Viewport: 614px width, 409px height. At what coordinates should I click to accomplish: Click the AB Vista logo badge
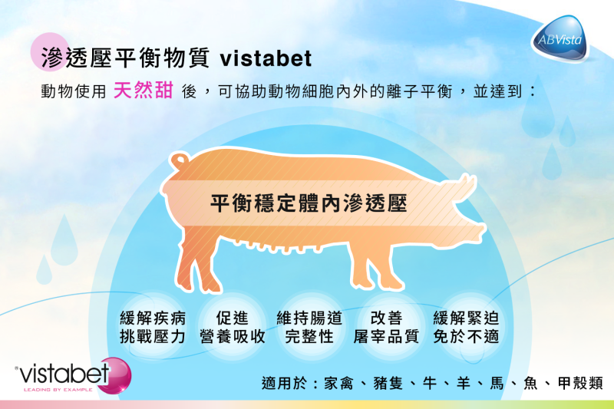coord(560,38)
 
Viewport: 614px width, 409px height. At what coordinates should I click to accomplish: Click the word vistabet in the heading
coord(266,59)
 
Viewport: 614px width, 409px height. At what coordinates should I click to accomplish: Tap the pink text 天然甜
coord(144,91)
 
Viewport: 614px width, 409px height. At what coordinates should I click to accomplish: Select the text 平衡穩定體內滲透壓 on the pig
coord(309,203)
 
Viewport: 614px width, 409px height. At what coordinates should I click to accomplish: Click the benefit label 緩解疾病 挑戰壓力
coord(153,327)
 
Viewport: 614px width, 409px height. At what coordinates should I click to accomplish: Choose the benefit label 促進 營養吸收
coord(233,327)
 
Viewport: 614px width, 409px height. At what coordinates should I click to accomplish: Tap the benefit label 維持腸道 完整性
coord(309,327)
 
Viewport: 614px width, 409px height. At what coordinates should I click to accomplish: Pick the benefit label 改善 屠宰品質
coord(386,327)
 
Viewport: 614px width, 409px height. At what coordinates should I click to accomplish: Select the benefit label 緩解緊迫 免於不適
coord(466,327)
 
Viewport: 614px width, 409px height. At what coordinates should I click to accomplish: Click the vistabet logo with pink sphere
coord(73,376)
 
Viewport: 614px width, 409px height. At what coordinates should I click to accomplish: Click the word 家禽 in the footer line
coord(338,383)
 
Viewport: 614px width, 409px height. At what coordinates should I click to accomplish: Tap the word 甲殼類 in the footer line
coord(580,383)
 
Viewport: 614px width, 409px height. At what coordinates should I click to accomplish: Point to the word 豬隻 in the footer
coord(388,383)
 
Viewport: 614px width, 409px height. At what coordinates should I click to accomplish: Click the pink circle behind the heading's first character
coord(49,51)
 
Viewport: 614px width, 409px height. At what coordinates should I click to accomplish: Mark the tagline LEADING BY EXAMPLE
coord(58,390)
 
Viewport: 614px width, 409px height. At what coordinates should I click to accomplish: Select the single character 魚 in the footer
coord(531,383)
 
